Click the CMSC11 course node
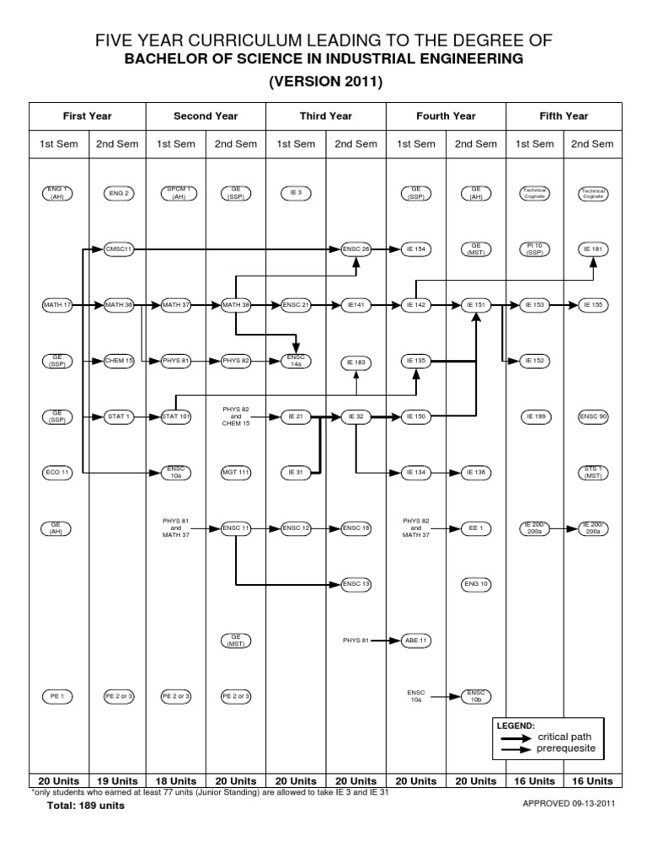coord(118,249)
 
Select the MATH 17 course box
coord(58,304)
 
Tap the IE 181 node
coord(595,249)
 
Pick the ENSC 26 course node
coord(356,249)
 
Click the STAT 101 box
coord(176,416)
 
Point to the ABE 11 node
coord(416,641)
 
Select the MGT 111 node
coord(236,472)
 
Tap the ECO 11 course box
coord(58,472)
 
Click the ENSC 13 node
coord(356,583)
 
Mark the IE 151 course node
coord(476,304)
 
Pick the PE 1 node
coord(58,696)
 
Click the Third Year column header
coord(326,115)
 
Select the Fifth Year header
coord(564,115)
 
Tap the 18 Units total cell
coord(176,781)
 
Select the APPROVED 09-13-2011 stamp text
coord(569,804)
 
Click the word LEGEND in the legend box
coord(516,725)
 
